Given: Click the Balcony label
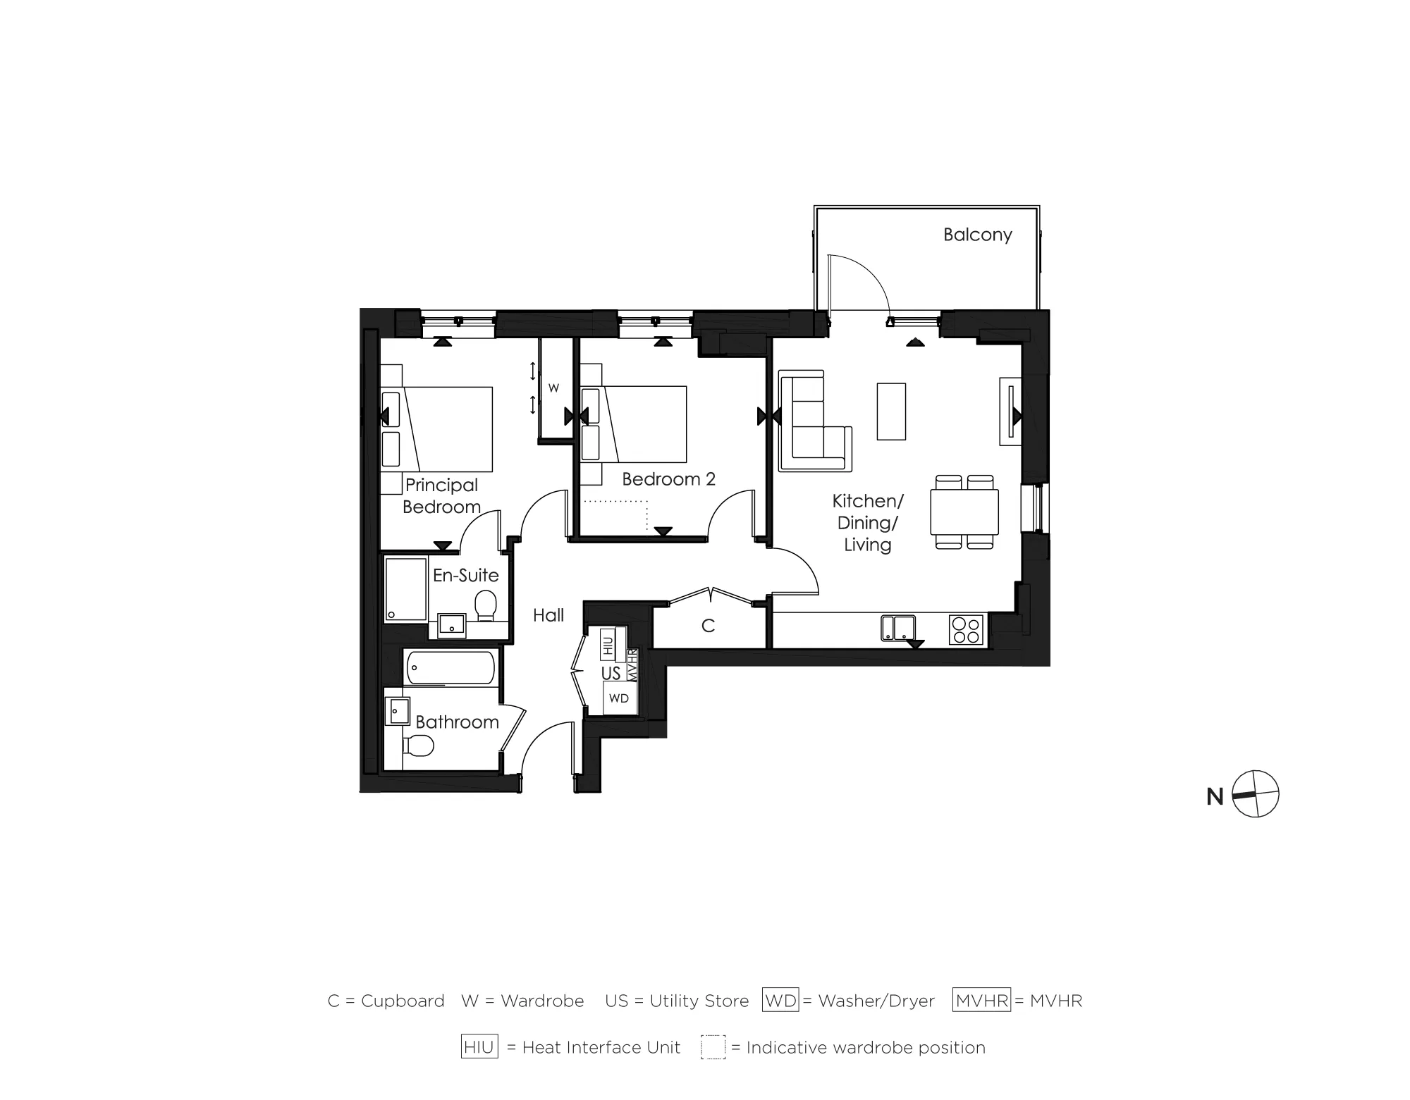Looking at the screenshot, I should (x=977, y=235).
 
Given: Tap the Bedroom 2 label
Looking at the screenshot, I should (x=668, y=479).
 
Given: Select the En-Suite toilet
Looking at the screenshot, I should (x=485, y=605).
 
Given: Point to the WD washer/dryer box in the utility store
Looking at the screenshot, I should (x=618, y=698).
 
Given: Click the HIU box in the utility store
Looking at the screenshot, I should (x=607, y=644).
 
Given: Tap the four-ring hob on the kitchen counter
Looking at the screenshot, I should (x=966, y=630).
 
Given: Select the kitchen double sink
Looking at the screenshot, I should (x=898, y=627).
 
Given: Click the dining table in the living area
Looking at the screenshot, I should (x=964, y=512).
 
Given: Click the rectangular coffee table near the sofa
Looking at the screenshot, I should (x=891, y=411).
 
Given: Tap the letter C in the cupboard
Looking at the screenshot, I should (x=709, y=626).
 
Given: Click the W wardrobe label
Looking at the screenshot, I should (x=553, y=388).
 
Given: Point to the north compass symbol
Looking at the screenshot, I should (x=1255, y=794).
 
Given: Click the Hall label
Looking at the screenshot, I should (x=548, y=615).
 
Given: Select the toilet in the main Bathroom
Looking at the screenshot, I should (x=419, y=745).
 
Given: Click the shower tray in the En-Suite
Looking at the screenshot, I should (x=406, y=589).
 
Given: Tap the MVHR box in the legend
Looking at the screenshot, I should (x=981, y=1001).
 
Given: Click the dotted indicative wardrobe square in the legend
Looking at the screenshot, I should (x=713, y=1047).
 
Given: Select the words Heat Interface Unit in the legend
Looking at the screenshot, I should (x=601, y=1048).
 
